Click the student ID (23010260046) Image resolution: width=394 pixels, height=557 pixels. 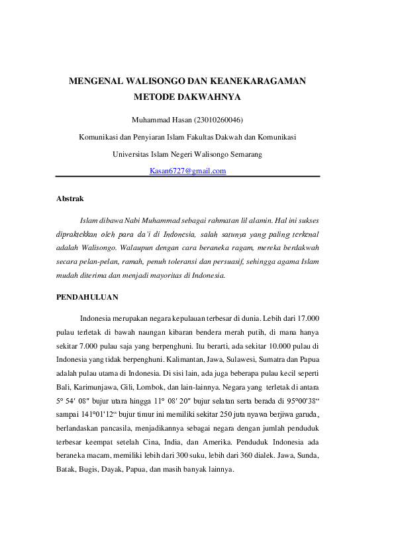(x=218, y=120)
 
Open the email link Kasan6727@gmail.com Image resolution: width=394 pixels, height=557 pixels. (x=188, y=171)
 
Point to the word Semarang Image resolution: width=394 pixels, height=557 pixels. (x=244, y=154)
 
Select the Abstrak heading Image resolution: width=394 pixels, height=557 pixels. (x=70, y=198)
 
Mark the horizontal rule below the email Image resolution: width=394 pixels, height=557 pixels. (x=188, y=177)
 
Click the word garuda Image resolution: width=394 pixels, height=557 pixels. (x=307, y=415)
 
